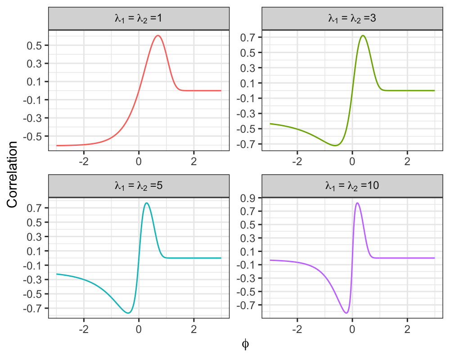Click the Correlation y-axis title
click(x=12, y=174)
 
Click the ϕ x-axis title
click(x=245, y=344)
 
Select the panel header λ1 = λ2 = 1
click(x=139, y=18)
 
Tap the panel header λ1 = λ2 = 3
click(x=352, y=18)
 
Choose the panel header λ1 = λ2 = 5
click(x=139, y=186)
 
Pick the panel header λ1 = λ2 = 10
click(x=352, y=186)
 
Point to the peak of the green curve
click(x=363, y=36)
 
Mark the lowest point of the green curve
click(x=335, y=145)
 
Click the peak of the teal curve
click(x=147, y=203)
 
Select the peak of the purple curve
click(x=357, y=203)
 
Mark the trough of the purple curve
click(x=346, y=313)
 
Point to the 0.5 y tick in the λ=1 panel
click(x=34, y=45)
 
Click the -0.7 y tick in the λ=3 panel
click(x=246, y=144)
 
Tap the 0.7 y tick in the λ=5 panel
click(x=34, y=208)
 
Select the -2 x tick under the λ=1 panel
click(x=84, y=162)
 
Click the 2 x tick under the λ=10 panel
click(x=407, y=329)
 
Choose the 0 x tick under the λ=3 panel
click(x=352, y=162)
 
